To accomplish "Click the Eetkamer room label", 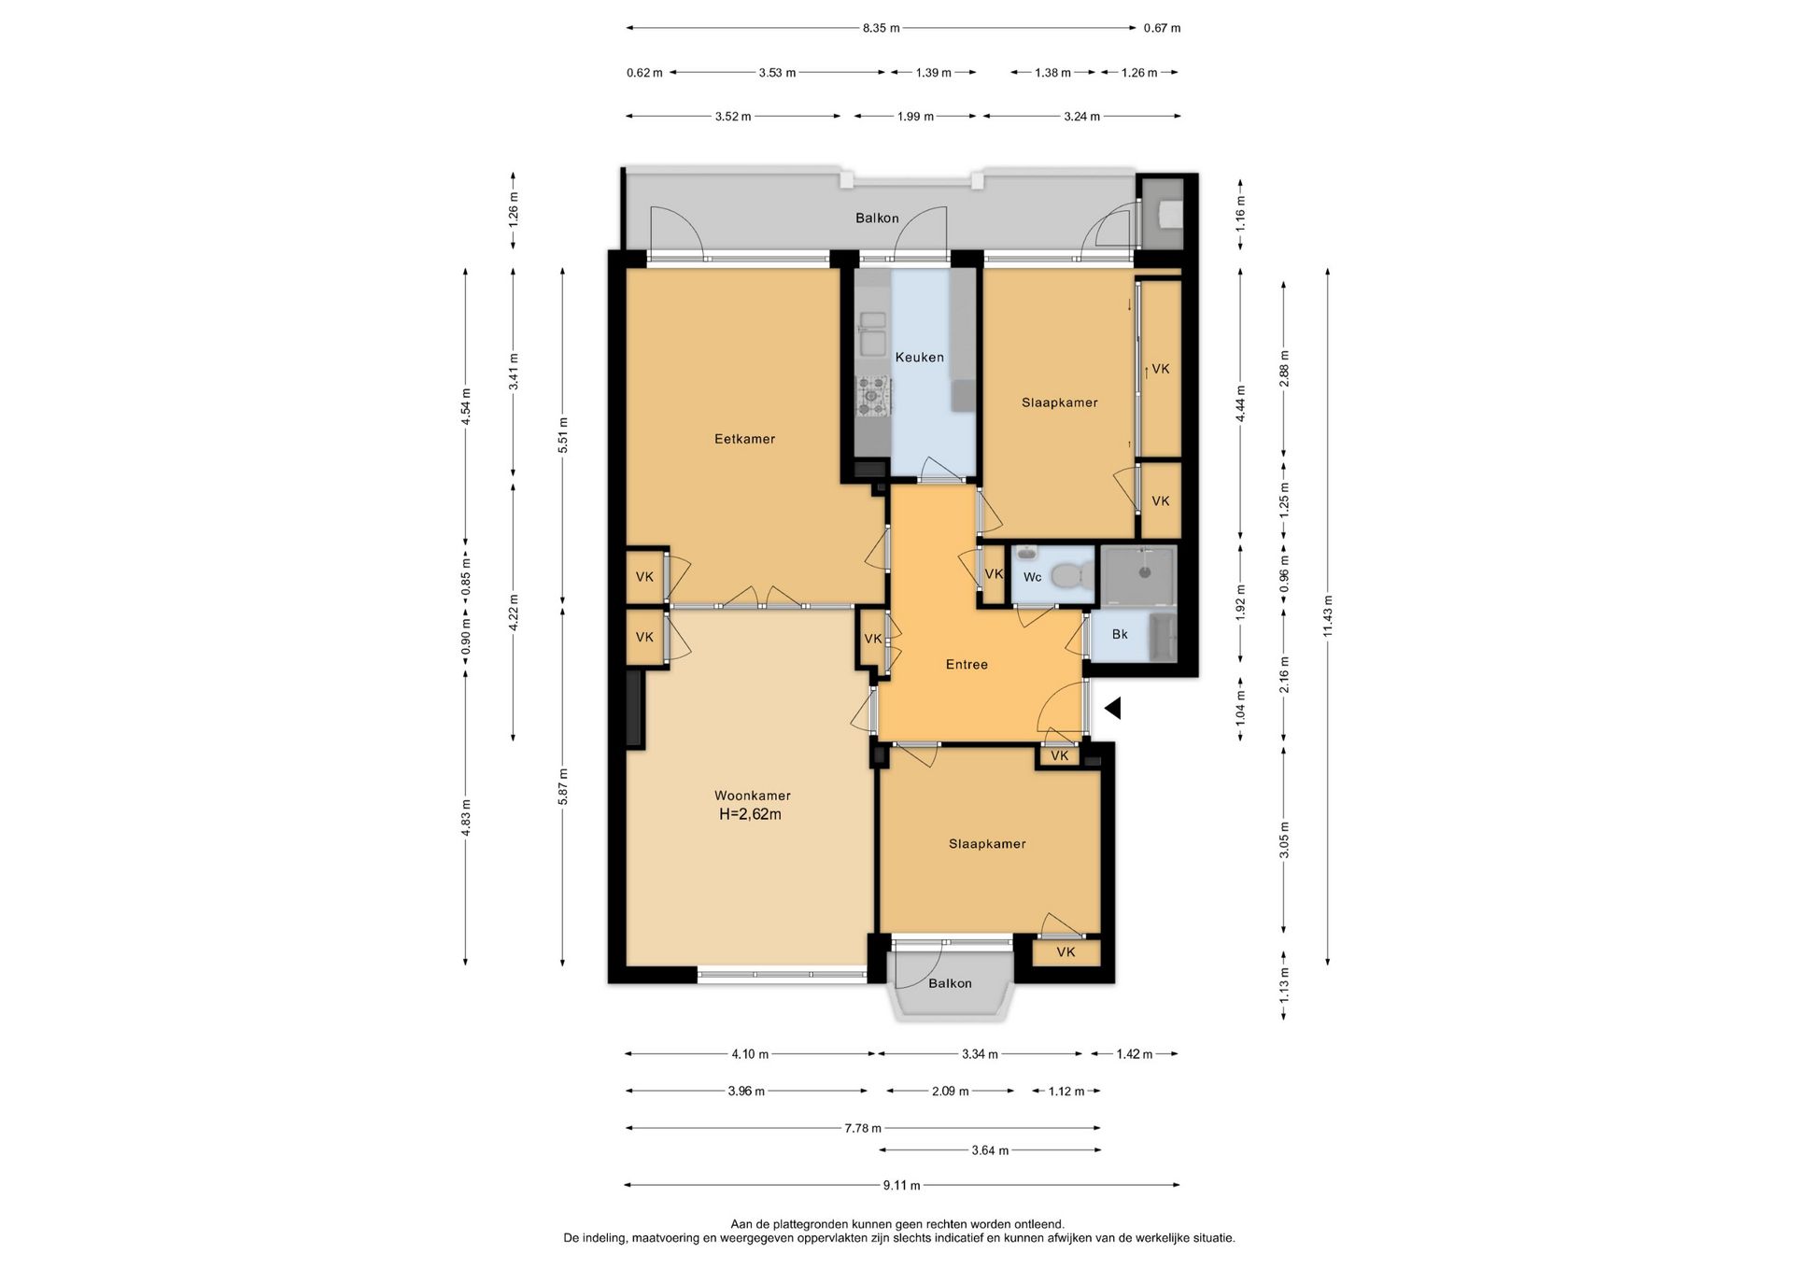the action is (x=744, y=439).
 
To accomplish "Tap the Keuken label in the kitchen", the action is (x=919, y=357).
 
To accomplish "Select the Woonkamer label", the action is (x=752, y=796).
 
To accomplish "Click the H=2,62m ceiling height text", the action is (x=750, y=814).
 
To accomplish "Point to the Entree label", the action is (x=967, y=665).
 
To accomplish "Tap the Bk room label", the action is (x=1120, y=635).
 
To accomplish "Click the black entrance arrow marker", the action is (x=1112, y=709).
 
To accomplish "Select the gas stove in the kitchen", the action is (x=874, y=396).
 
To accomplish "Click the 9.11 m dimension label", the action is (x=901, y=1186).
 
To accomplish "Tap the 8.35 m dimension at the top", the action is (x=881, y=28).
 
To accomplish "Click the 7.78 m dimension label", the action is (x=862, y=1128).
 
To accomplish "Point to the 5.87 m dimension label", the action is (x=562, y=786).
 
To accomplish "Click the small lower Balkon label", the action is (x=950, y=983).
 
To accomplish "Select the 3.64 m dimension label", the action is (x=990, y=1150).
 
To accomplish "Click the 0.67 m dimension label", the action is (x=1162, y=28).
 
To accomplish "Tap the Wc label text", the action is (x=1032, y=577).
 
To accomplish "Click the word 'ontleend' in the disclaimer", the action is (x=1038, y=1224).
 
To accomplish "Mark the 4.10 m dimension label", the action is (x=750, y=1054).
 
